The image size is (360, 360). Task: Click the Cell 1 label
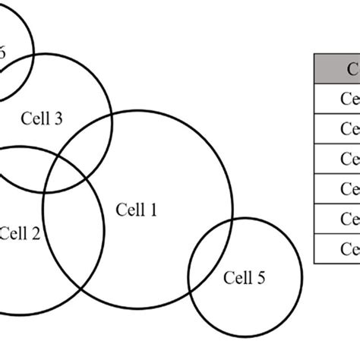pos(136,209)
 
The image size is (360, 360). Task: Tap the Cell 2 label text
pos(21,233)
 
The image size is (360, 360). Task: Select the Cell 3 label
pos(43,119)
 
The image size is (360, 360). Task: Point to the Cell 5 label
pos(245,278)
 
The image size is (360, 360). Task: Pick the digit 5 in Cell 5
pos(261,278)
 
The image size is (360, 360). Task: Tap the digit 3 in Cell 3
pos(58,119)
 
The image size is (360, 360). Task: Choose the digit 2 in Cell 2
pos(36,233)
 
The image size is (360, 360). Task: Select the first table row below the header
pos(337,99)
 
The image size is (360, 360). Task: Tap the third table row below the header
pos(337,159)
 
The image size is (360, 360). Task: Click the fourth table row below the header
pos(337,188)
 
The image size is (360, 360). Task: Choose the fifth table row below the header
pos(337,219)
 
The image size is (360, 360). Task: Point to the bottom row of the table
pos(337,248)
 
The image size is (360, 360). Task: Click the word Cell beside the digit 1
pos(129,209)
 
